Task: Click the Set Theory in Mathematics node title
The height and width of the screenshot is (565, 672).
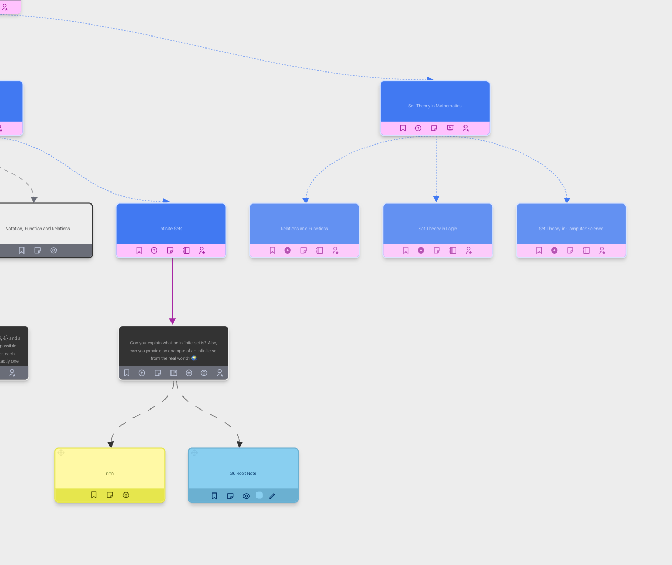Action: point(435,106)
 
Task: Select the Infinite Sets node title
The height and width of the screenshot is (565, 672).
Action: point(171,229)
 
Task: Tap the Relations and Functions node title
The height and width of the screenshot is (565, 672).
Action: point(304,229)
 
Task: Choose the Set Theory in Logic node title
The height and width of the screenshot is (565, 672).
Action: point(437,229)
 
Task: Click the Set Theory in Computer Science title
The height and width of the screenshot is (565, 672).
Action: point(571,229)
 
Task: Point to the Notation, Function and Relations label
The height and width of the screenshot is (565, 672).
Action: point(38,229)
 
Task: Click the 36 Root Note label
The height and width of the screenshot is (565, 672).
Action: point(243,473)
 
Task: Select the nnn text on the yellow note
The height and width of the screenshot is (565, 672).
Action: point(109,473)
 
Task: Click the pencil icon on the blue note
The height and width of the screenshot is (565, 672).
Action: point(272,496)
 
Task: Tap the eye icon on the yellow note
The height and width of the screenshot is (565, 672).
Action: point(126,495)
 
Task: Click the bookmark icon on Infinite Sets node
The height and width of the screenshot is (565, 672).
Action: point(139,250)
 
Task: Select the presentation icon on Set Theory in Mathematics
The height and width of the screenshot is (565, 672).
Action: point(450,128)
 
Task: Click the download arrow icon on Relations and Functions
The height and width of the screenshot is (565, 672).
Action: point(288,250)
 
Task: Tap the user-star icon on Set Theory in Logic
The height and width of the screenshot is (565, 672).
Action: point(469,250)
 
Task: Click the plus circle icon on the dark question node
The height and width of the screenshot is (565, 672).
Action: point(189,373)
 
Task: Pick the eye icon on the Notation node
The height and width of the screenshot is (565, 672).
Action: point(54,250)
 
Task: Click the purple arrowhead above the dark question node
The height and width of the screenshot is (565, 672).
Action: point(173,321)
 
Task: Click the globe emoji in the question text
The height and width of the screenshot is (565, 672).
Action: point(194,358)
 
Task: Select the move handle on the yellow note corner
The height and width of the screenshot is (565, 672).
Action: point(61,453)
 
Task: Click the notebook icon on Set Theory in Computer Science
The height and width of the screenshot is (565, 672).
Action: point(587,250)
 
